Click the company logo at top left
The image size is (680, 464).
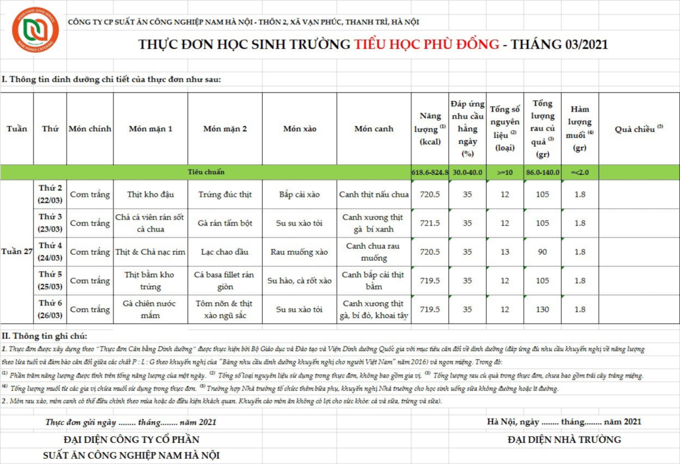[x=35, y=30]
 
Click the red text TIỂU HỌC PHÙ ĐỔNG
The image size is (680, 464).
[x=426, y=45]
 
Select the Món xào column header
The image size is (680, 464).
[x=299, y=129]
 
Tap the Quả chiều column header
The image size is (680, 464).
[x=638, y=129]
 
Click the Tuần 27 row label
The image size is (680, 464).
[x=17, y=251]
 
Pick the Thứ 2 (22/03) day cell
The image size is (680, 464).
[x=50, y=194]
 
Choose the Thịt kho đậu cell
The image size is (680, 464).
[x=150, y=194]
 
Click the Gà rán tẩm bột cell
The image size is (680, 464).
[x=224, y=223]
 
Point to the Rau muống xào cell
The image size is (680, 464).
[x=299, y=251]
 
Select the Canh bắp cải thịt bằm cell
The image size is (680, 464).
[x=374, y=281]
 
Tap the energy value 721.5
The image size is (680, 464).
[x=430, y=223]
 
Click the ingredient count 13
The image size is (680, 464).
[x=505, y=251]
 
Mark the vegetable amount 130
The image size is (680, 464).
[x=543, y=309]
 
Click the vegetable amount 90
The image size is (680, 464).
[x=543, y=251]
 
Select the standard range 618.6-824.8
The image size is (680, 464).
[x=430, y=172]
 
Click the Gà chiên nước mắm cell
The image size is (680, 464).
[x=150, y=309]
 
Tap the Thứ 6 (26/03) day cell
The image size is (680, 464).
[x=50, y=309]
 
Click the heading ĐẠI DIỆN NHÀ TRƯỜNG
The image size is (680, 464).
[x=564, y=440]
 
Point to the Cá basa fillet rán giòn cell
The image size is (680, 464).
[x=224, y=281]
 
